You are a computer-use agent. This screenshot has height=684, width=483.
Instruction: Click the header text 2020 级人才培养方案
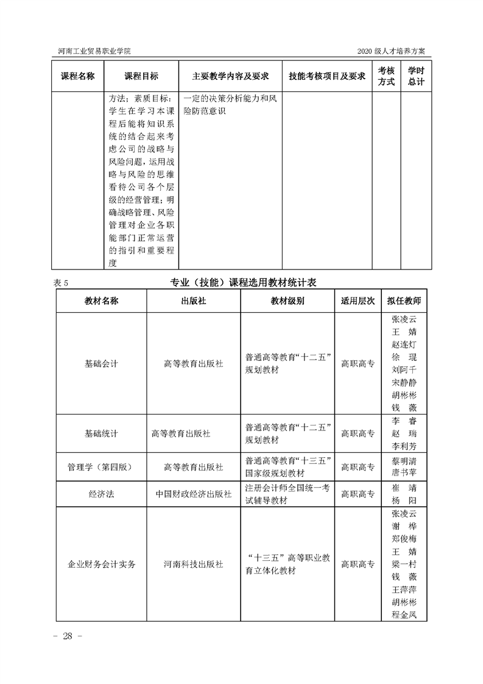tap(394, 51)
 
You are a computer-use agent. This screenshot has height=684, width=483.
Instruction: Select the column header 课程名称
tap(77, 76)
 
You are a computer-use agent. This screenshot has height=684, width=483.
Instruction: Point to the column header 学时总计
tap(416, 76)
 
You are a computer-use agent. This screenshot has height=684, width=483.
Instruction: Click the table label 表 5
tap(63, 282)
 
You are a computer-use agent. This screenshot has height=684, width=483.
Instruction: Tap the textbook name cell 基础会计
tap(101, 364)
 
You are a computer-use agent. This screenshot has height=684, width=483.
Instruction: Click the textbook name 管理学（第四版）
tap(101, 467)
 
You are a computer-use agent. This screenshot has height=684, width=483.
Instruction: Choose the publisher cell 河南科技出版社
tap(193, 565)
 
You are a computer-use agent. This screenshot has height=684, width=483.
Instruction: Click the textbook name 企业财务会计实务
tap(101, 565)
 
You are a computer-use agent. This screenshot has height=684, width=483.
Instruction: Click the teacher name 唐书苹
tap(404, 473)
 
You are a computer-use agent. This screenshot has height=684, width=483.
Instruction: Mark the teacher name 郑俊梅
tap(404, 539)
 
